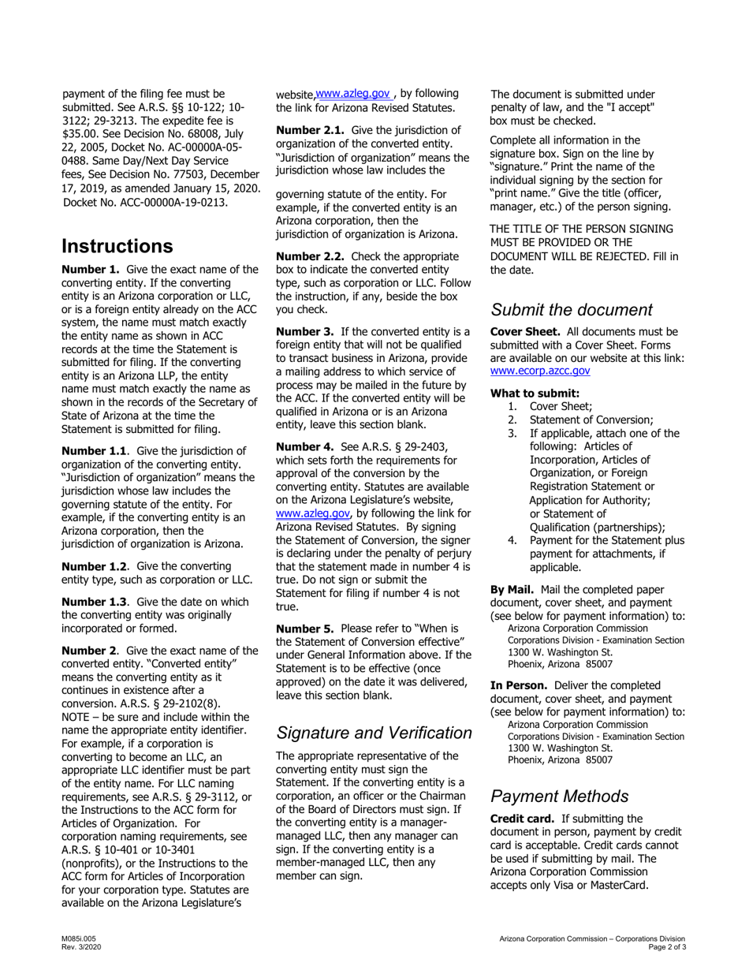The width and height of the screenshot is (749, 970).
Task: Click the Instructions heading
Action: point(117,245)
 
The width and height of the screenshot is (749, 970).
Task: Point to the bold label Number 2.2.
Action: point(310,256)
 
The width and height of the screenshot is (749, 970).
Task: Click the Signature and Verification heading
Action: point(374,733)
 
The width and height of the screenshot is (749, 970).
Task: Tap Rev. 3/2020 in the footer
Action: point(80,946)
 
